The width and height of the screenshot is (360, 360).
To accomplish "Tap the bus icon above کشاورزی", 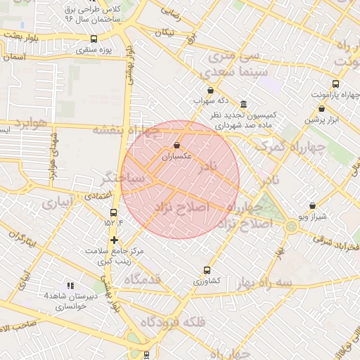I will click(207, 270).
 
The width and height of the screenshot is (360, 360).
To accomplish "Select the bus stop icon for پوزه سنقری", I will click(94, 39).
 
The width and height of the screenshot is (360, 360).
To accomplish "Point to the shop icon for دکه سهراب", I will click(212, 89).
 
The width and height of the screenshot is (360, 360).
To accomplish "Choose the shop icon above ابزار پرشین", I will click(322, 109).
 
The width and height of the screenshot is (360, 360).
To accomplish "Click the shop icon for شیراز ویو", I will click(312, 205).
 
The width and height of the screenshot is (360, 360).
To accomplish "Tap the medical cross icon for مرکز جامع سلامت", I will click(114, 240).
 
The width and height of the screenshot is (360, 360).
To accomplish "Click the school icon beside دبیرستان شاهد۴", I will click(70, 285).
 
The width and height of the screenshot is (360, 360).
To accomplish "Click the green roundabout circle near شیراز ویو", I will click(291, 226).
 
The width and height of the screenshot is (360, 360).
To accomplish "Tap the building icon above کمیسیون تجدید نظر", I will click(243, 103).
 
